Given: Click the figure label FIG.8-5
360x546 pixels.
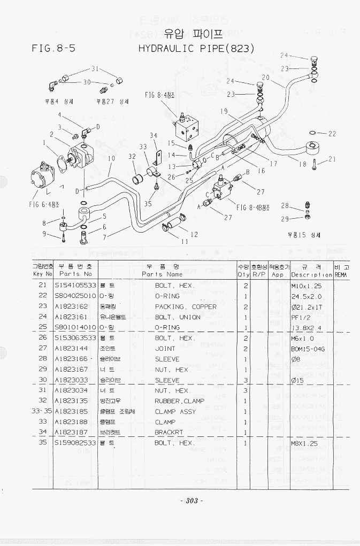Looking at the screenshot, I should [x=54, y=48].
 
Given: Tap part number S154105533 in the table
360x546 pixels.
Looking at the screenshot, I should [x=75, y=286].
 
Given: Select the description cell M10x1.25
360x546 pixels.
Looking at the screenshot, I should [x=306, y=286].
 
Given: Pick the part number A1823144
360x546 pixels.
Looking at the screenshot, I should [x=71, y=349].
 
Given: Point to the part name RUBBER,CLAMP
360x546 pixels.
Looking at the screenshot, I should [x=180, y=401].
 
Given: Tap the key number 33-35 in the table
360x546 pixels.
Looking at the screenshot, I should [x=42, y=412].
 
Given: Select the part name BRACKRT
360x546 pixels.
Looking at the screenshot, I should [x=169, y=433].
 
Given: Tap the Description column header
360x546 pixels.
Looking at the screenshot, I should [x=312, y=274].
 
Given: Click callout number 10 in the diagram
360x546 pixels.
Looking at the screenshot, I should [x=111, y=159].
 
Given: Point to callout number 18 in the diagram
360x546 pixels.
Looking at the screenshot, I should [x=303, y=164].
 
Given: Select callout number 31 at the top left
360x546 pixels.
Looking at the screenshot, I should [x=95, y=69].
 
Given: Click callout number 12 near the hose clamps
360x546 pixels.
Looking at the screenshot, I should [x=194, y=234].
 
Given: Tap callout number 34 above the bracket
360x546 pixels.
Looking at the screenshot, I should [x=154, y=136].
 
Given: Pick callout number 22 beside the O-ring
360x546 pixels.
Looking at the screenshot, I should [x=332, y=134].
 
